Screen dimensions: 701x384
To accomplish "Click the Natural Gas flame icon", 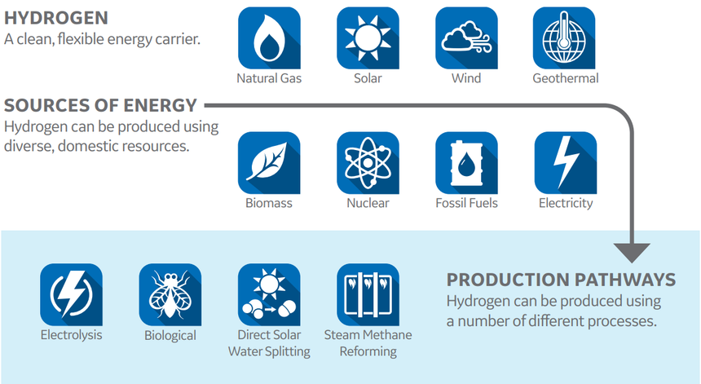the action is point(269,38).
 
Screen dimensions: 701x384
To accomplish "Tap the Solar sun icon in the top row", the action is point(368,38).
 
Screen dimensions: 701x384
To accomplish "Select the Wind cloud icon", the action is point(466,38).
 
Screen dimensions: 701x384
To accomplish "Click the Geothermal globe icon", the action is point(564,38).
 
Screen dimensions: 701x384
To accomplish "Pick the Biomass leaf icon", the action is point(269,163).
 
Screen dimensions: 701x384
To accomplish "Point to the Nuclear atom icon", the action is point(368,163).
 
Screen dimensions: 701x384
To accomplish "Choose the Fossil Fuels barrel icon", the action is point(466,163).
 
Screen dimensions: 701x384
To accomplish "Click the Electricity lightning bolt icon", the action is point(566,163).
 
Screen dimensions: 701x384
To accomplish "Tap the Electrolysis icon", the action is point(71,294).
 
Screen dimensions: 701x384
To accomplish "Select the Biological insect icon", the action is point(170,294).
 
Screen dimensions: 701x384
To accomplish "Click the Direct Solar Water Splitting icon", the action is point(269,294).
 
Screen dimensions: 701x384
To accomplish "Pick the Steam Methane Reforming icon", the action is point(368,294).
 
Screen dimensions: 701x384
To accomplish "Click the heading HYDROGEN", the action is point(56,18).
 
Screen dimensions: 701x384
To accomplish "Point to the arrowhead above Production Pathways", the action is point(632,253).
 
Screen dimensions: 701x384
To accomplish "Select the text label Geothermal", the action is point(566,78).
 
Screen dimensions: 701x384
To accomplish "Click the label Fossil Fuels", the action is point(466,203).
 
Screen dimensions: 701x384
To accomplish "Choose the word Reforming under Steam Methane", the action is point(368,352).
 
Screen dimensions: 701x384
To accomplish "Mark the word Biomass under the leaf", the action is point(269,203).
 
